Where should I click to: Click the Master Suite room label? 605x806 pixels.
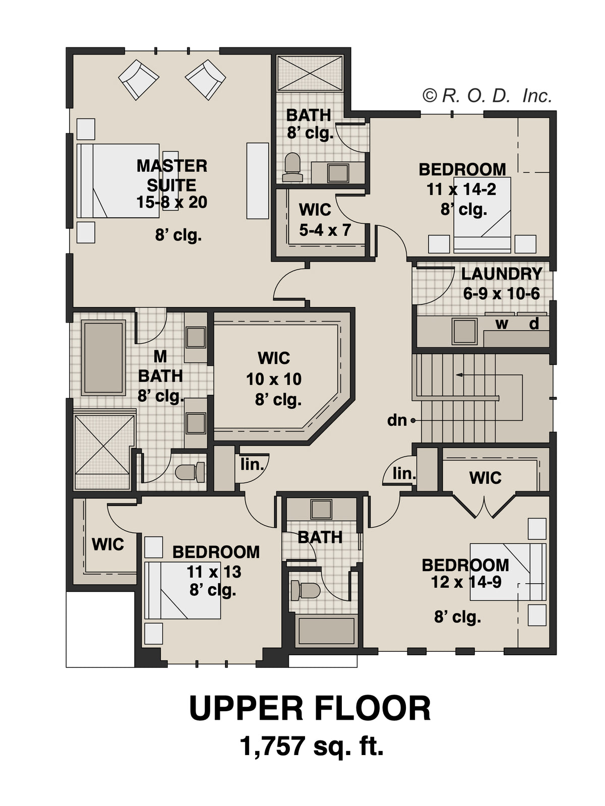pos(172,175)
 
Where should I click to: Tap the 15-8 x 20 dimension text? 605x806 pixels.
pos(172,202)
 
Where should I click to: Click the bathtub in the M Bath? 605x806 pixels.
pos(103,357)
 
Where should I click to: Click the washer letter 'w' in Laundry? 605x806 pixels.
pos(502,324)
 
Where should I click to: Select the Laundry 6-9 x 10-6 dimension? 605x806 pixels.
pos(502,294)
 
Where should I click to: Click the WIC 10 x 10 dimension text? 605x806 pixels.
pos(274,379)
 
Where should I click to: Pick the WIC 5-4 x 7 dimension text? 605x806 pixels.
pos(325,230)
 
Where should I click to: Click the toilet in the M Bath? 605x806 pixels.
pos(190,472)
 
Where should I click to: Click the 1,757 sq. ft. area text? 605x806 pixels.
pos(312,757)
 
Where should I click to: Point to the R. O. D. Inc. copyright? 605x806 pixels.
pos(487,96)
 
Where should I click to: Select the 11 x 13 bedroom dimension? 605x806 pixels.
pos(214,572)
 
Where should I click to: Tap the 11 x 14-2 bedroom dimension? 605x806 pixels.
pos(461,190)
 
